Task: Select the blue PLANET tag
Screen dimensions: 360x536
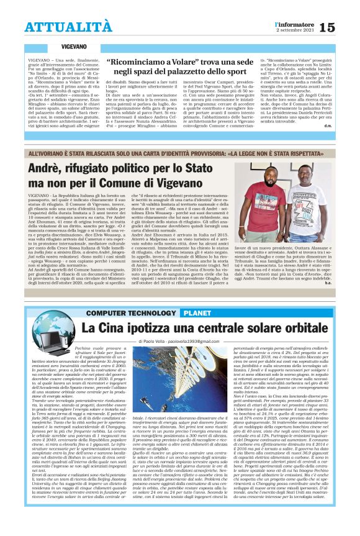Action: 197,312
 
